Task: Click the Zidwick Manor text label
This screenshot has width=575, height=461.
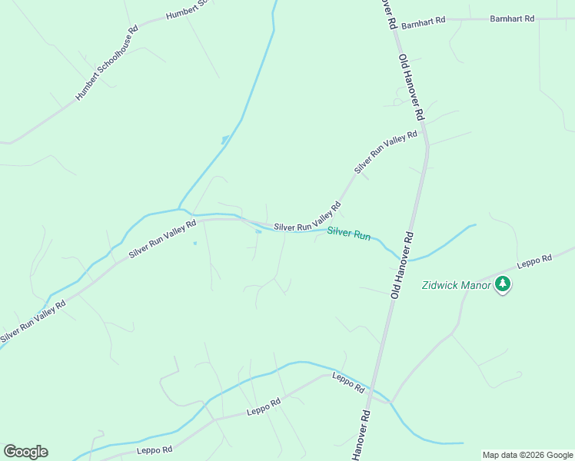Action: pos(457,285)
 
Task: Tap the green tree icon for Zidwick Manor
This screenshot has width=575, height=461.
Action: pos(503,284)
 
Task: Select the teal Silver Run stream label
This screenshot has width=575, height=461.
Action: pos(349,234)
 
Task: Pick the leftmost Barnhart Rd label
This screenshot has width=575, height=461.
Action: pos(423,22)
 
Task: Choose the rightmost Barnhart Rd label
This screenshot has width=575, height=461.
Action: pos(512,18)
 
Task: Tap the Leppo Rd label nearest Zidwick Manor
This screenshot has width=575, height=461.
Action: pos(534,260)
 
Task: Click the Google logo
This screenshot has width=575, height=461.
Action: pos(25,452)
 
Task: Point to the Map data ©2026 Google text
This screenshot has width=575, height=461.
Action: pos(528,455)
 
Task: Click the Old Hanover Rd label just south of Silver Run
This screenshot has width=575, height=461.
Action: pos(402,265)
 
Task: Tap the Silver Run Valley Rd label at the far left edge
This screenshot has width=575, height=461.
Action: pos(32,321)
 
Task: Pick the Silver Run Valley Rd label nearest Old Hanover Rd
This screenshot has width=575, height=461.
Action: pos(386,151)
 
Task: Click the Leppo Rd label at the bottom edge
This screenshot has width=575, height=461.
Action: pos(155,449)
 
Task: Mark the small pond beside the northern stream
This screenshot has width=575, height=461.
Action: pos(224,140)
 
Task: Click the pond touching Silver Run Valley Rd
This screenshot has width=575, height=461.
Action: pos(258,231)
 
